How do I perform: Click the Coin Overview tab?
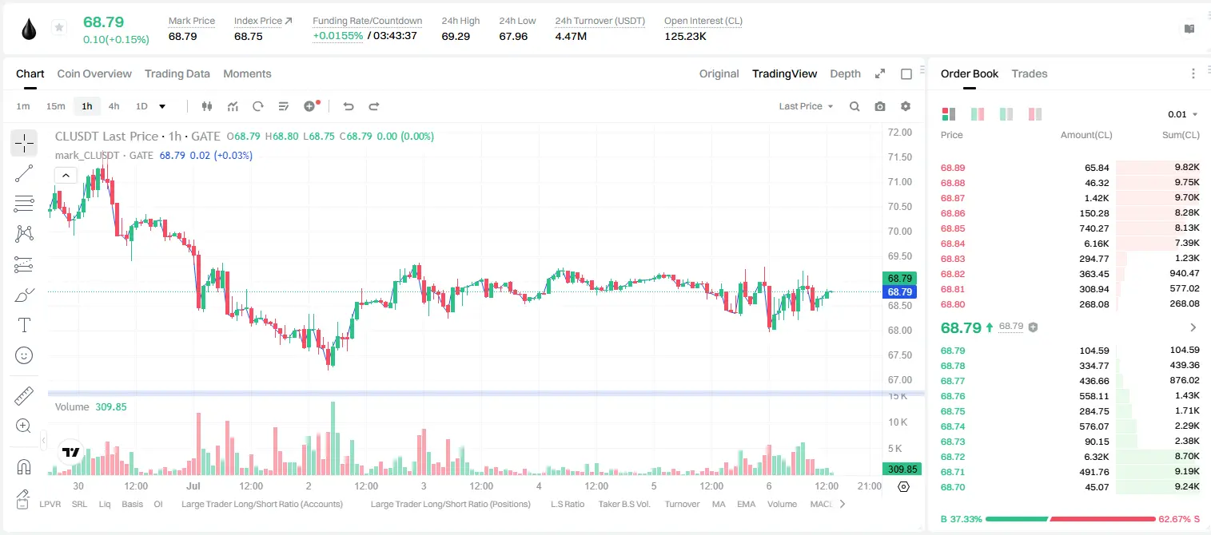coord(94,73)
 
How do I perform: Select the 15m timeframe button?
coord(55,106)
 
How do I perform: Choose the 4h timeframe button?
coord(114,106)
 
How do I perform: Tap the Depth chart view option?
coord(845,73)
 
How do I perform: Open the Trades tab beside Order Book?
coord(1030,73)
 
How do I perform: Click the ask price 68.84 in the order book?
coord(953,244)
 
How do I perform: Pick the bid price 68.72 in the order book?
coord(953,457)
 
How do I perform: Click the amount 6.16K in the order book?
coord(1097,244)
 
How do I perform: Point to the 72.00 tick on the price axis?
coord(899,133)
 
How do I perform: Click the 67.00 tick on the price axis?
coord(899,380)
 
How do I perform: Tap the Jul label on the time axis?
coord(193,485)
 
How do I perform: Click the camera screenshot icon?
coord(880,106)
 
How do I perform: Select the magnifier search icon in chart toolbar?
coord(854,106)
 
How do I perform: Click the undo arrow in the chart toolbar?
coord(349,106)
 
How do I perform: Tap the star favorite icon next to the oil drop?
coord(59,27)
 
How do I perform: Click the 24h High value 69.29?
coord(456,36)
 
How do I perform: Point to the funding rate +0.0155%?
coord(338,36)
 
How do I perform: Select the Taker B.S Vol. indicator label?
coord(623,504)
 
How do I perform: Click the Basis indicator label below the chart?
coord(133,504)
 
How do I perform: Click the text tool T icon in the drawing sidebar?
coord(24,325)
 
